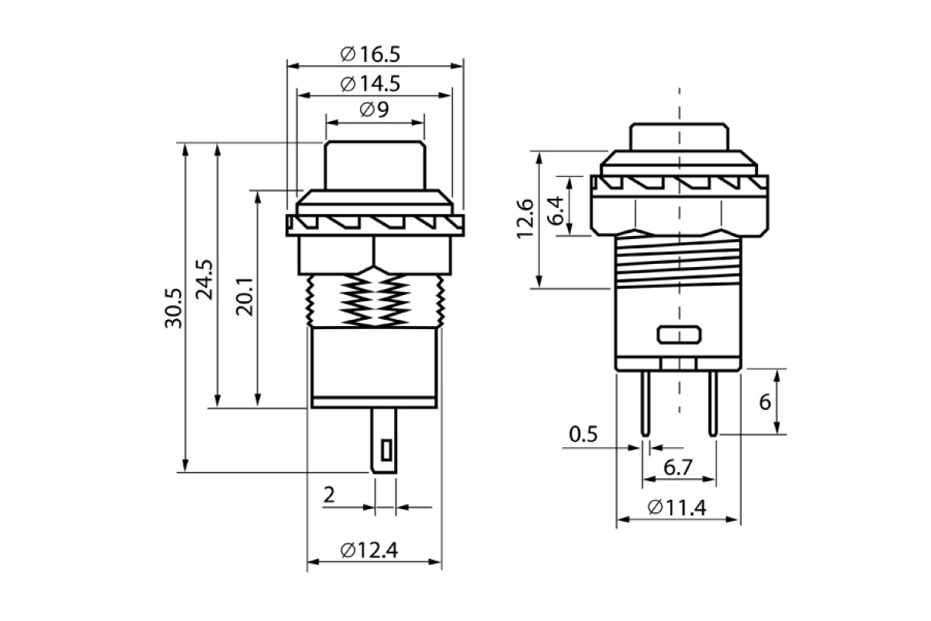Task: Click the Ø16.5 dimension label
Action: click(370, 54)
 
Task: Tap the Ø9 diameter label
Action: click(375, 110)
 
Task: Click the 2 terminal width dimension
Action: click(328, 495)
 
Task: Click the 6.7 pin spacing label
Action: click(677, 467)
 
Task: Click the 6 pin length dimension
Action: click(764, 402)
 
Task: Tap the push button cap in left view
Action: click(375, 165)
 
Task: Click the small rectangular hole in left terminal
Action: click(385, 449)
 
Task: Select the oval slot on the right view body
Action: click(679, 335)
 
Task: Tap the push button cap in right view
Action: click(679, 136)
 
